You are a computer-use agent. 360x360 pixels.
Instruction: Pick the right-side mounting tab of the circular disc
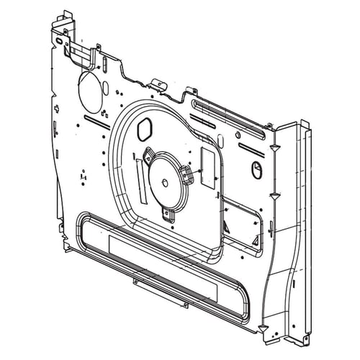(x=189, y=173)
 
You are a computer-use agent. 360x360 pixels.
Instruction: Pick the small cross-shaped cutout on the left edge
(x=83, y=176)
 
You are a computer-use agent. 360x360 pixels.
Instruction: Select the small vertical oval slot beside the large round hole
(x=106, y=88)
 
